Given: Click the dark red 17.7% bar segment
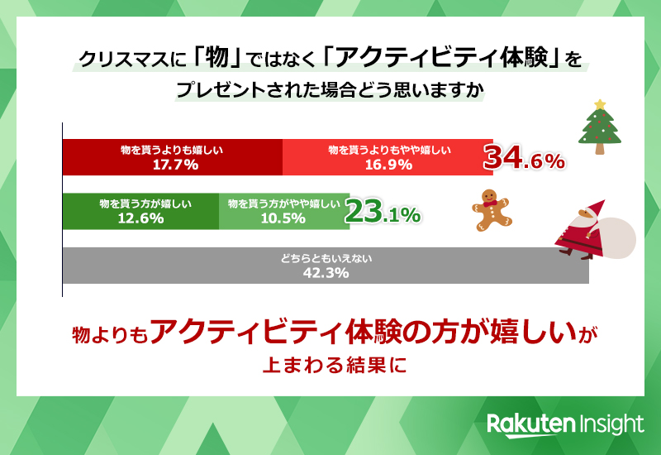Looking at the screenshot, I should pyautogui.click(x=173, y=157).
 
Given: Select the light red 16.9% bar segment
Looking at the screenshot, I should pyautogui.click(x=388, y=157).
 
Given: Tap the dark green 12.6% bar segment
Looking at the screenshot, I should pyautogui.click(x=140, y=211).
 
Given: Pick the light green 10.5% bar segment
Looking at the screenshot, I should pyautogui.click(x=283, y=211).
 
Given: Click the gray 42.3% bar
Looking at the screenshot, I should pyautogui.click(x=326, y=266).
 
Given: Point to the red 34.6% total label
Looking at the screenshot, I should pyautogui.click(x=524, y=158).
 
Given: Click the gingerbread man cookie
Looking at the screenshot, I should pyautogui.click(x=492, y=208).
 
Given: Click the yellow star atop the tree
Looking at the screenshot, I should pyautogui.click(x=601, y=104).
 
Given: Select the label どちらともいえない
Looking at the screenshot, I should pyautogui.click(x=326, y=259).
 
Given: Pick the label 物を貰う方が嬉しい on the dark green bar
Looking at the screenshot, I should pyautogui.click(x=140, y=204).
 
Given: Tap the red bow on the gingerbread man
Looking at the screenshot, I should pyautogui.click(x=490, y=201).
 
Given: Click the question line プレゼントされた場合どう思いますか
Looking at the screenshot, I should pyautogui.click(x=330, y=89).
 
